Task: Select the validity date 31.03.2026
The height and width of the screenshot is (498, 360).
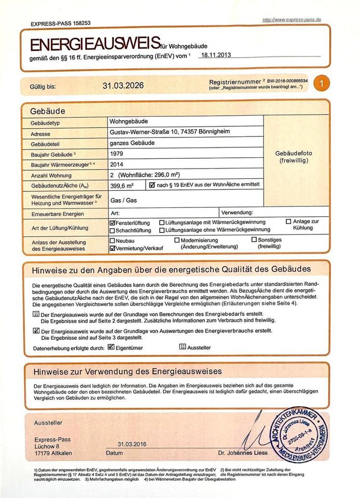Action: click(x=123, y=86)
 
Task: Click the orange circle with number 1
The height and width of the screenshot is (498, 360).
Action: click(x=321, y=84)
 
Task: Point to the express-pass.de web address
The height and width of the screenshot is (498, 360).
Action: click(x=292, y=20)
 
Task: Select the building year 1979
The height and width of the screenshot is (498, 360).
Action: click(x=117, y=154)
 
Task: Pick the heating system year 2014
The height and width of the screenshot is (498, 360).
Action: click(x=117, y=164)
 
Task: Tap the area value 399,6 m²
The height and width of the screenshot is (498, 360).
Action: click(x=122, y=185)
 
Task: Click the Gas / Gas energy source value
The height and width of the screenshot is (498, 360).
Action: click(x=123, y=199)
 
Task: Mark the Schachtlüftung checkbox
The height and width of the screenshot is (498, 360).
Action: click(x=113, y=230)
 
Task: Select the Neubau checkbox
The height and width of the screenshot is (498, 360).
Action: click(x=113, y=241)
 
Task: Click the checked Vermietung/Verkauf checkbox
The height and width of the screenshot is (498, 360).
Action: click(x=113, y=248)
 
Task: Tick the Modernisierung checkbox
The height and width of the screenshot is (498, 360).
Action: click(x=177, y=241)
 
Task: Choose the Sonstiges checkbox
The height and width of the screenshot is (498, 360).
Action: click(x=254, y=240)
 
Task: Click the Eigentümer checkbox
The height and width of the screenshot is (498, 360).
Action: click(x=111, y=347)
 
